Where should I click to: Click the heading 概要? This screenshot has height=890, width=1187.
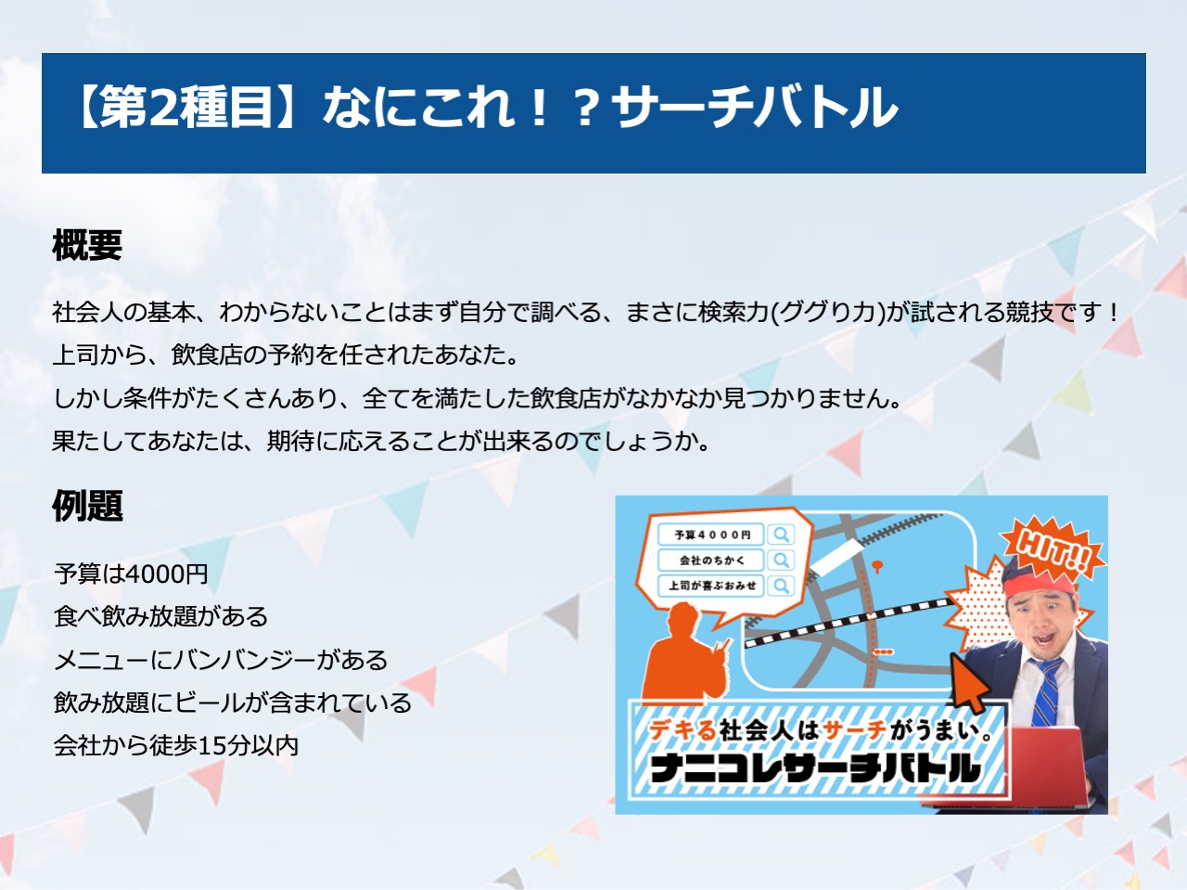87,245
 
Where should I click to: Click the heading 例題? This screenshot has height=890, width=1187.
87,506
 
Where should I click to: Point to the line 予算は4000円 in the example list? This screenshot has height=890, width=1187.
131,574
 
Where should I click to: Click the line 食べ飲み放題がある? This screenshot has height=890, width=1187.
160,617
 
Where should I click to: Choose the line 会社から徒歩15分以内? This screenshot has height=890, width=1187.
176,745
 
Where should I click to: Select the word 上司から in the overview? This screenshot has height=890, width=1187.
100,355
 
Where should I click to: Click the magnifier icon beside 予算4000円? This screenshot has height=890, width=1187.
781,535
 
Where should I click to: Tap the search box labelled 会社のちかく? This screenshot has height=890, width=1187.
711,560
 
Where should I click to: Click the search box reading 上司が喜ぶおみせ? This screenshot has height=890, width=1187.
711,586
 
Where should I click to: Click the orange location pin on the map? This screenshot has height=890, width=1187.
877,566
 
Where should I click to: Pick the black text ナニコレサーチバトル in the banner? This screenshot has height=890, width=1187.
814,767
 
